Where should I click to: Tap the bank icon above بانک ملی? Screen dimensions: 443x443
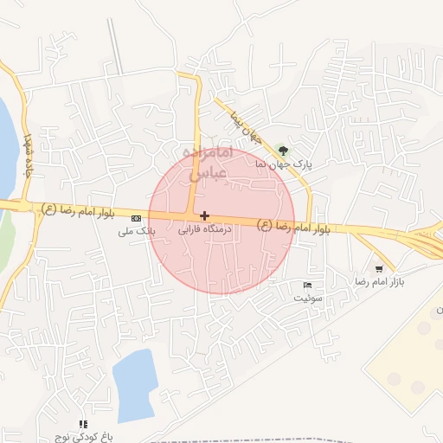[x=136, y=220]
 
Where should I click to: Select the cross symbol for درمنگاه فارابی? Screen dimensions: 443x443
[x=204, y=215]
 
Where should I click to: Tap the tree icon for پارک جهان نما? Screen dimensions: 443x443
[x=285, y=151]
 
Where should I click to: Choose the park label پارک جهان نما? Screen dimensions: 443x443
[x=285, y=163]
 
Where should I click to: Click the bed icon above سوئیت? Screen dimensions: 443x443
[x=308, y=285]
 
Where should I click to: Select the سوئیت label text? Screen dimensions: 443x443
[x=308, y=297]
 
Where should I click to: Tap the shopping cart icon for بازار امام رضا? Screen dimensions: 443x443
[x=379, y=269]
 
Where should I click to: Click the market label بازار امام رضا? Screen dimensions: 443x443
[x=380, y=282]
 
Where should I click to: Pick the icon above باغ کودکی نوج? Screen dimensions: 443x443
[x=83, y=424]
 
